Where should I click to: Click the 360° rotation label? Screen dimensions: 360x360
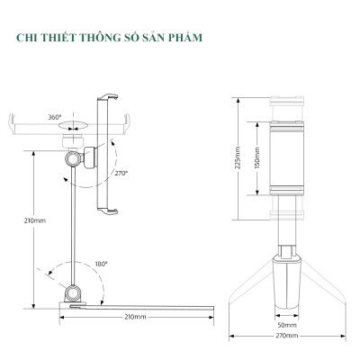pyautogui.click(x=55, y=116)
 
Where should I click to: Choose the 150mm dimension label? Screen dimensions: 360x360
pyautogui.click(x=256, y=160)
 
